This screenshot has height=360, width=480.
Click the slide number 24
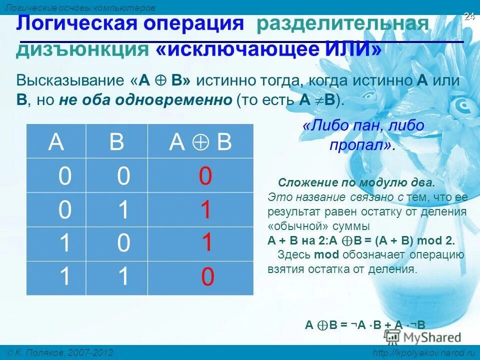[469, 16]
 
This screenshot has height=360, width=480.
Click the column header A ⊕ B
[200, 142]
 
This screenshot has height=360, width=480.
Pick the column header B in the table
[116, 142]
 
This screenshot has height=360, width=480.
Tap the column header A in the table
[56, 142]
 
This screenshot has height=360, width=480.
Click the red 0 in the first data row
[205, 176]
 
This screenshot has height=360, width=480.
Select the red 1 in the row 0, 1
[205, 210]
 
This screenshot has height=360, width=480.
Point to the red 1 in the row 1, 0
[207, 243]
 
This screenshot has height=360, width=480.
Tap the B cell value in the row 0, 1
[123, 210]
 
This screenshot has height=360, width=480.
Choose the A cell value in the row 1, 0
[64, 243]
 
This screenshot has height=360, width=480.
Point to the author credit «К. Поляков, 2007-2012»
[60, 353]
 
